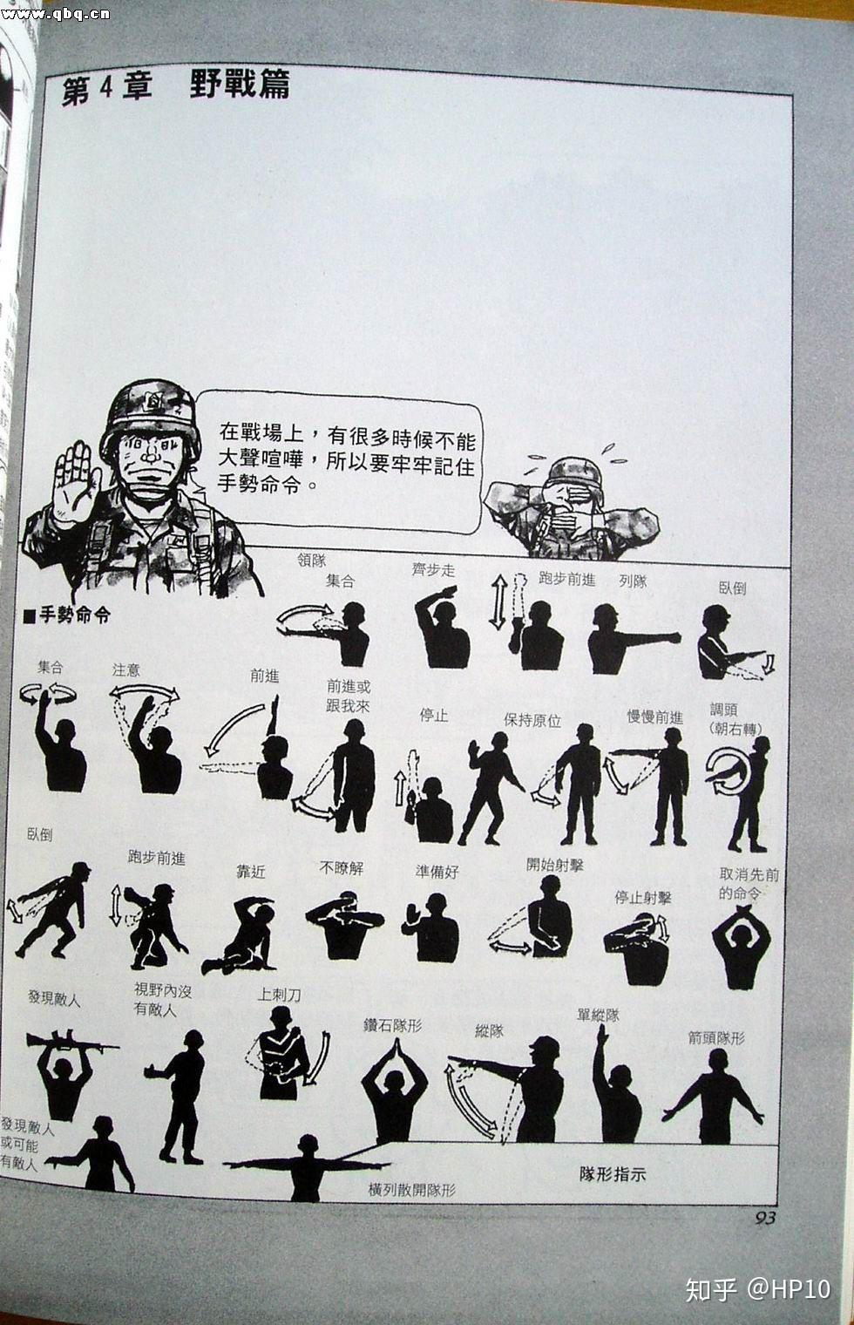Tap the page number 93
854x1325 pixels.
coord(764,1218)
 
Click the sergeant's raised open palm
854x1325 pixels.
coord(76,483)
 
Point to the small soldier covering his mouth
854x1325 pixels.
coord(572,508)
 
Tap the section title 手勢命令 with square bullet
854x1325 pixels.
coord(68,615)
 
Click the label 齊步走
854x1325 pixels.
coord(433,570)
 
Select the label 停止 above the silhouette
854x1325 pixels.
coord(433,715)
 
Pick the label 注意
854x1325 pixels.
coord(125,669)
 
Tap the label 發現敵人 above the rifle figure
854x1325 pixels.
coord(53,998)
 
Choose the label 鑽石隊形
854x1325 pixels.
coord(392,1025)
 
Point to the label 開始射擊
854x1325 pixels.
coord(554,865)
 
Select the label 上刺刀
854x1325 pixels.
coord(279,994)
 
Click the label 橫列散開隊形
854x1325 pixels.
coord(411,1190)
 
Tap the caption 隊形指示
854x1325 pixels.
coord(612,1174)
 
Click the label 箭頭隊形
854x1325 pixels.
coord(715,1037)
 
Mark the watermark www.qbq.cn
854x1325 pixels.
coord(56,13)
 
